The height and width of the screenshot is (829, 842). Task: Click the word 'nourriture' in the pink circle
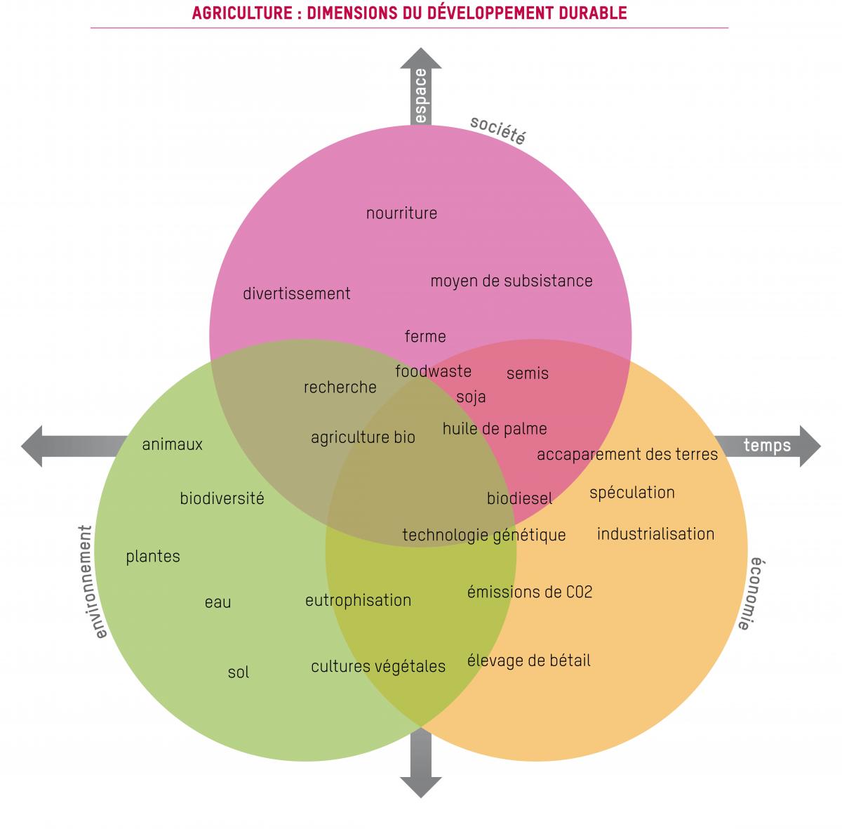point(401,213)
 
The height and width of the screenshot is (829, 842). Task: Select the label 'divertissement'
point(296,294)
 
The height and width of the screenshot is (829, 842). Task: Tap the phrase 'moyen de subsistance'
point(512,281)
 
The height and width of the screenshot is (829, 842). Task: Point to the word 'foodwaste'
point(433,371)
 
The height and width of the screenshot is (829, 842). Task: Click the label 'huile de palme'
point(495,428)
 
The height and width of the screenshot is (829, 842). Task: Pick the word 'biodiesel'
point(519,498)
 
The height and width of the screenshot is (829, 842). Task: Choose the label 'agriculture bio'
point(363,438)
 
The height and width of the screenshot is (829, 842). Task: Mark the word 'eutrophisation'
point(358,601)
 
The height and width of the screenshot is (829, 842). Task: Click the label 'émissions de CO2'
point(530,592)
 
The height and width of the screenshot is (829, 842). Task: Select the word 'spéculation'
point(631,493)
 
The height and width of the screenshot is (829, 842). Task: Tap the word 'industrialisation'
point(655,534)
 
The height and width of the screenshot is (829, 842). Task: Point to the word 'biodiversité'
point(222,499)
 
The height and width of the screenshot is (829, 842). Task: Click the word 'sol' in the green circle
point(239,672)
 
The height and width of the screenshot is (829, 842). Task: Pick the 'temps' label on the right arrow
point(767,445)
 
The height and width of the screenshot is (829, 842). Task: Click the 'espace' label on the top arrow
point(420,95)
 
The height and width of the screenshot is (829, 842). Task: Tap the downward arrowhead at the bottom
point(421,785)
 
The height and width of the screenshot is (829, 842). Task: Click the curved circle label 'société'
point(497,131)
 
